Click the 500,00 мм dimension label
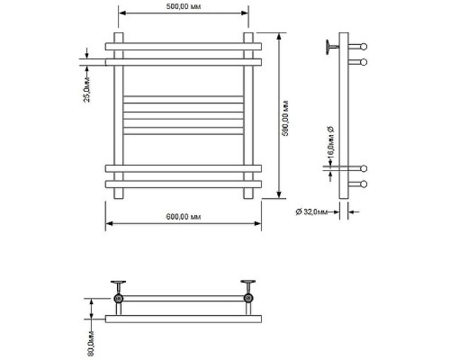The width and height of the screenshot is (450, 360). [184, 6]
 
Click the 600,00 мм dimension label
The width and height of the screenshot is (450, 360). [184, 217]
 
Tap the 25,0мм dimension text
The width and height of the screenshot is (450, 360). [86, 89]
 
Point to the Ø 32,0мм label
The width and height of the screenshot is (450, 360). [311, 212]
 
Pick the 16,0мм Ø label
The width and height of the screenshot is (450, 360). [330, 142]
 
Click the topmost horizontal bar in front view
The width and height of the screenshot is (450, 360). [184, 47]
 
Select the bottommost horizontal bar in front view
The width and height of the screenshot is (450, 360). [184, 184]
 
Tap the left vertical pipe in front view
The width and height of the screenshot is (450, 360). [119, 115]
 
